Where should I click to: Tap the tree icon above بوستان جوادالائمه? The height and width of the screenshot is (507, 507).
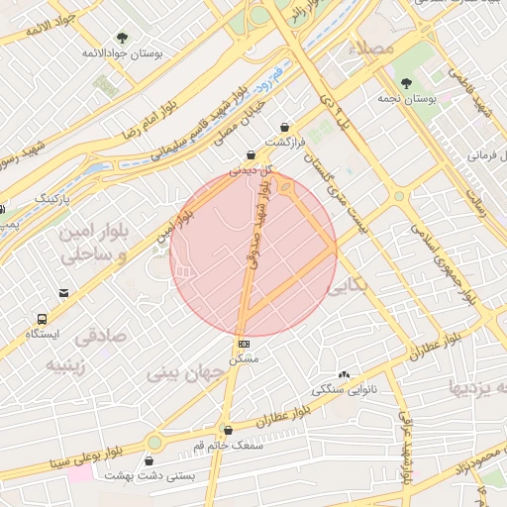[123, 36]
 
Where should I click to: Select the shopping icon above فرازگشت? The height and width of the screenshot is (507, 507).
[285, 128]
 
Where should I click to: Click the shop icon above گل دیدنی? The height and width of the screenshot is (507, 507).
[251, 154]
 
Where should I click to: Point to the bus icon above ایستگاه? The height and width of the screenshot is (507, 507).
[43, 319]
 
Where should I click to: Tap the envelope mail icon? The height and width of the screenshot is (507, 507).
[64, 293]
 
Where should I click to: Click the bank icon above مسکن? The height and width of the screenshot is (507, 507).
[244, 344]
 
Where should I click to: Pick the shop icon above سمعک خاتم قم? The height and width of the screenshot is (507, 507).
[229, 431]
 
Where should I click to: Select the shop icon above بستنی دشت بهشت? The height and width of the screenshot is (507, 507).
[150, 460]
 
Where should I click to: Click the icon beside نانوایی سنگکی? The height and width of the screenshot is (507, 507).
[344, 374]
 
